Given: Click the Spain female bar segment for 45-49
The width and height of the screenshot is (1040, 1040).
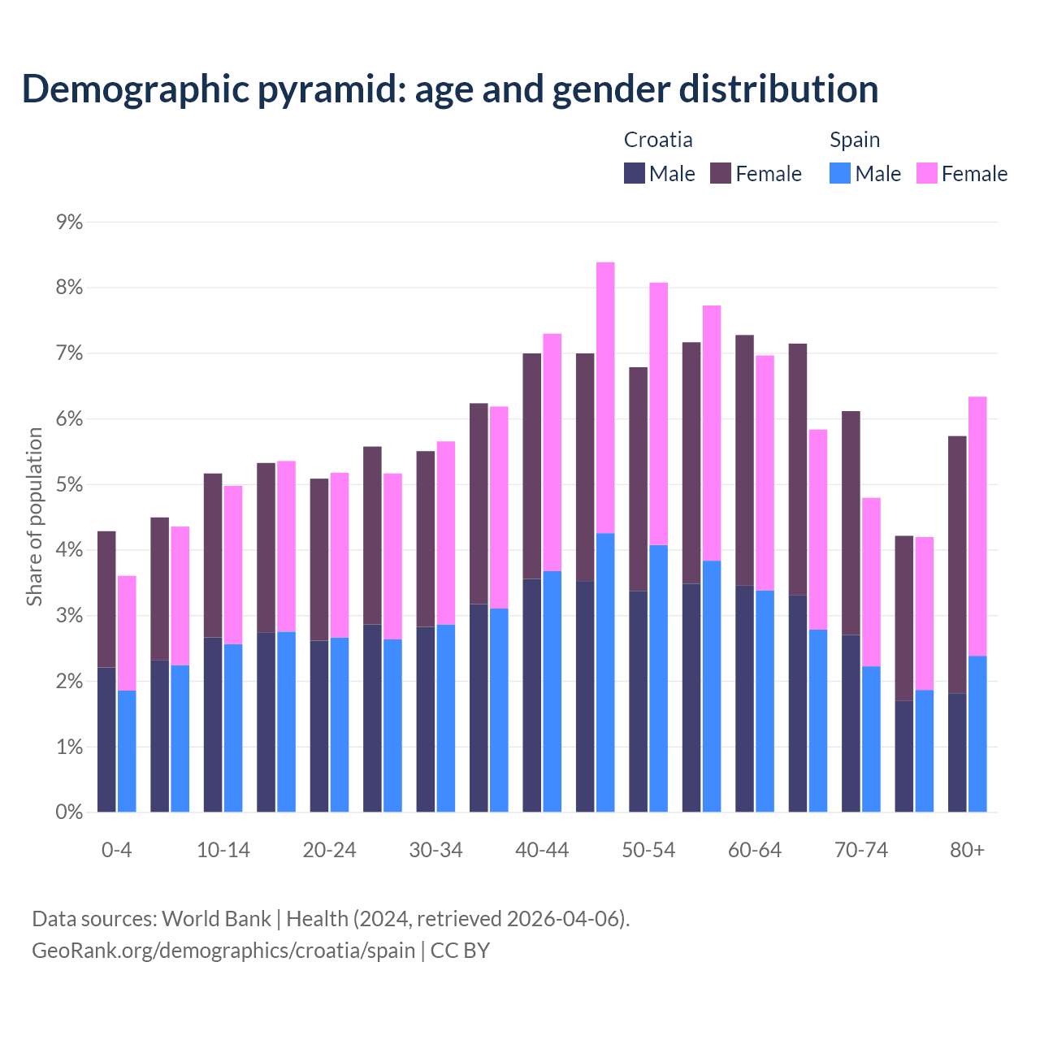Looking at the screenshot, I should pyautogui.click(x=605, y=397).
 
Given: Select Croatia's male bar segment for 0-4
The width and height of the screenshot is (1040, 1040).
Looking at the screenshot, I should pyautogui.click(x=106, y=739).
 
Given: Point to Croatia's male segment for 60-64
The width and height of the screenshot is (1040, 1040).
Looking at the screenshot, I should pyautogui.click(x=744, y=699).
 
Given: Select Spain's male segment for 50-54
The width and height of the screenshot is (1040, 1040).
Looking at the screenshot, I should pyautogui.click(x=659, y=678).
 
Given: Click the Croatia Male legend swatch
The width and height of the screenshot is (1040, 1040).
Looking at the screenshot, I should pyautogui.click(x=635, y=173).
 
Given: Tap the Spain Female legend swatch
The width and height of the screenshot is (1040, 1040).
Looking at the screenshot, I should pyautogui.click(x=926, y=173).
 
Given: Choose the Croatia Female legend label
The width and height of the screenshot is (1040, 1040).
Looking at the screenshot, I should pyautogui.click(x=768, y=174).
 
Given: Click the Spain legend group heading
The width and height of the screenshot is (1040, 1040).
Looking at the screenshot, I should pyautogui.click(x=855, y=140).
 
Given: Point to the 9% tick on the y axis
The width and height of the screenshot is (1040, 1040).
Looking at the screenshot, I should pyautogui.click(x=69, y=222).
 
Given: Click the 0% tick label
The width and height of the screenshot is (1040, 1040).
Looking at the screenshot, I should pyautogui.click(x=69, y=812).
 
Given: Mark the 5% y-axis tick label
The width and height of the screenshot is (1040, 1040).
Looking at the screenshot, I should pyautogui.click(x=69, y=484).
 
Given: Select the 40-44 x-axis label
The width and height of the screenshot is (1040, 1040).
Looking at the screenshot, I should pyautogui.click(x=542, y=850).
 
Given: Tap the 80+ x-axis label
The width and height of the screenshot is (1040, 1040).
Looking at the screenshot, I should pyautogui.click(x=967, y=850).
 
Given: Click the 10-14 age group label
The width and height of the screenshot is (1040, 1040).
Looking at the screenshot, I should pyautogui.click(x=223, y=850).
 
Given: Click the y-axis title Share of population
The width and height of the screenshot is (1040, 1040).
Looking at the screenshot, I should pyautogui.click(x=34, y=517).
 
